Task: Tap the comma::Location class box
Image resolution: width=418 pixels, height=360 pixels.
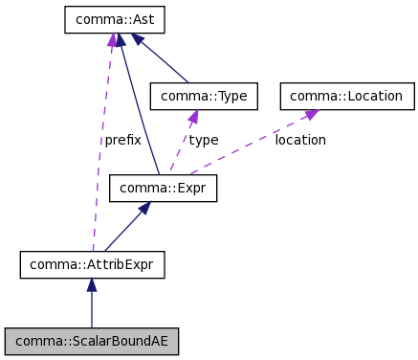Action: [x=347, y=96]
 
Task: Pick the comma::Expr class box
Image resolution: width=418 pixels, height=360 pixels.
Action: [x=163, y=189]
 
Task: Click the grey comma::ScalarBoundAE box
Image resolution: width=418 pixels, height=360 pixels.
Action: [x=92, y=340]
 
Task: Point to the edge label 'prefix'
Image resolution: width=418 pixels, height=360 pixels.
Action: [x=122, y=140]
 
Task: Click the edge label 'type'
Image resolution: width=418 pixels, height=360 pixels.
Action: [x=203, y=140]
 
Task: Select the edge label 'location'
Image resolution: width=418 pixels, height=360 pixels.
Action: [x=299, y=140]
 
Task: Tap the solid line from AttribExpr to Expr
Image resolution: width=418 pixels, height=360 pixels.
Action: [x=122, y=230]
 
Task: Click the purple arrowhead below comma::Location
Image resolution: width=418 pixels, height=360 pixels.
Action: [x=312, y=114]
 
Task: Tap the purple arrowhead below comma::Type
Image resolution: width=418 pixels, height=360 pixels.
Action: [x=193, y=117]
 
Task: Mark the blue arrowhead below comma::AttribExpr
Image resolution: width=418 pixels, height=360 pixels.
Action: [x=92, y=285]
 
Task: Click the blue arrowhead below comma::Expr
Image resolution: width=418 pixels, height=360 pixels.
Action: [x=144, y=208]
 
